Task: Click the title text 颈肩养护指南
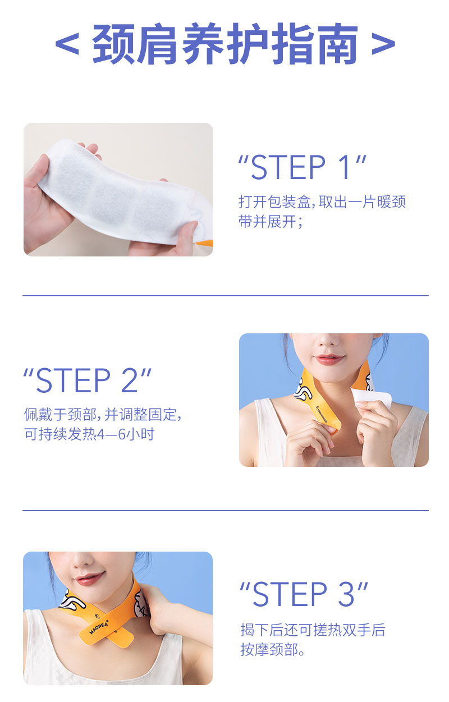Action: point(224,44)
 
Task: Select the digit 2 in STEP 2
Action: point(130,381)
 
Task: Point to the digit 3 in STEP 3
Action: point(347,595)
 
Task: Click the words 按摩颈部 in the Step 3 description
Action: point(273,650)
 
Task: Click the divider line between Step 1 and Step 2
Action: point(224,295)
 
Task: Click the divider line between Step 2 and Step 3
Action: point(224,510)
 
